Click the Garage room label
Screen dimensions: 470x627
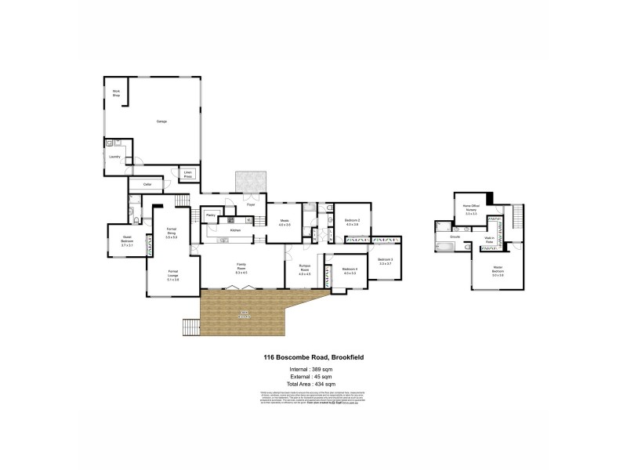click(x=161, y=121)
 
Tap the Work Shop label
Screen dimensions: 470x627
click(x=115, y=93)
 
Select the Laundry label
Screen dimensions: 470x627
click(x=114, y=157)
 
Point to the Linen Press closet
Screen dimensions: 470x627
click(x=188, y=175)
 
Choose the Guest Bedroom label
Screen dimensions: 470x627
click(x=127, y=241)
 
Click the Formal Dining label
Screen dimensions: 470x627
click(x=172, y=233)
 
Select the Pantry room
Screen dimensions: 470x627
click(x=211, y=214)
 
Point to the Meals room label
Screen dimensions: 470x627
click(x=285, y=222)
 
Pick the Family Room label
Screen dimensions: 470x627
click(x=241, y=269)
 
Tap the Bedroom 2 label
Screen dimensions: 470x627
click(x=352, y=222)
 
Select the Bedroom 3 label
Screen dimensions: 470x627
click(x=385, y=261)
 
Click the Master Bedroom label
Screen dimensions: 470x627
click(x=498, y=271)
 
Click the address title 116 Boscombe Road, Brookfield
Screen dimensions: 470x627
click(x=313, y=357)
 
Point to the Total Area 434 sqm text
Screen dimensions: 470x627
click(x=313, y=385)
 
